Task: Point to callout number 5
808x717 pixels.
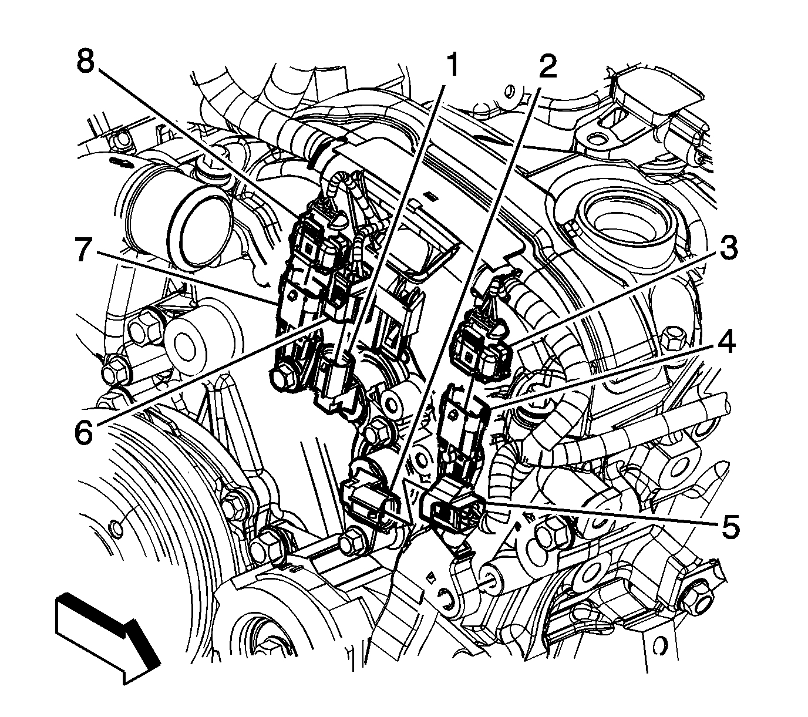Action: (x=730, y=526)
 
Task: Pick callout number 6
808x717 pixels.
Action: (x=83, y=432)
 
